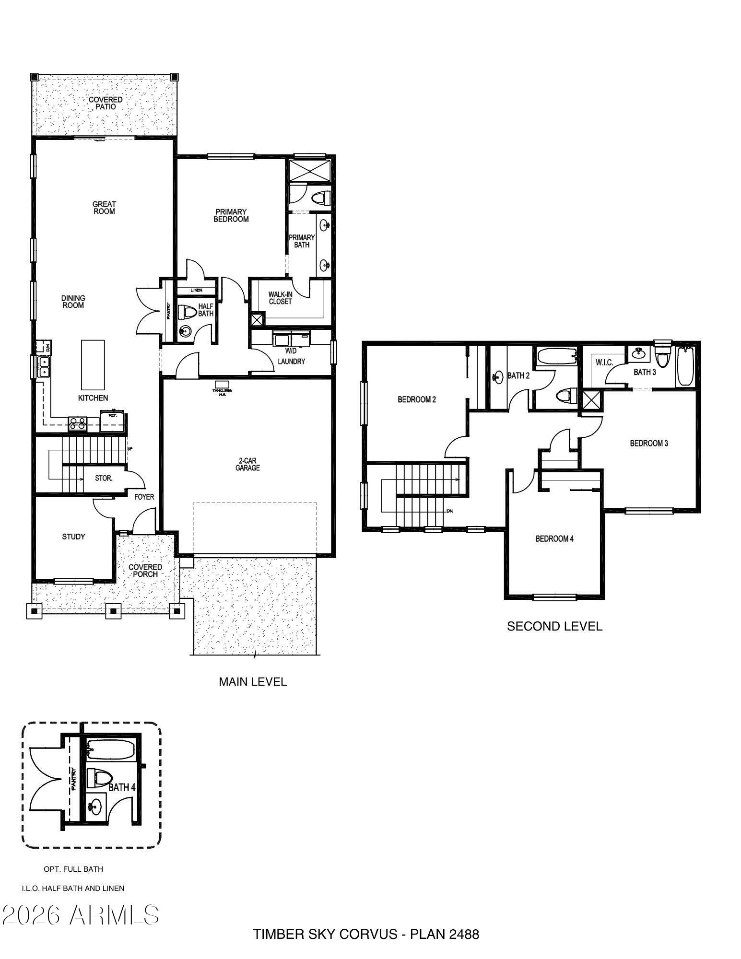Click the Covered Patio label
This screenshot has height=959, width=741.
coord(106,103)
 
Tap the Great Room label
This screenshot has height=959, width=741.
coord(104,208)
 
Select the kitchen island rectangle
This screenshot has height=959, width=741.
coord(93,365)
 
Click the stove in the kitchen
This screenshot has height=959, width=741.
coord(78,423)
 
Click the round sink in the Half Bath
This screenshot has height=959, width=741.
coord(185,331)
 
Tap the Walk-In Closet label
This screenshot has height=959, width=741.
coord(280,298)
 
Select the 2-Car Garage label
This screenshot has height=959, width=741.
coord(247,464)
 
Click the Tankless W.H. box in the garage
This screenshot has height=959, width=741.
coord(222,385)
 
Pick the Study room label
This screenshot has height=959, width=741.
coord(73,537)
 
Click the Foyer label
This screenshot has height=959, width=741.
coord(144,497)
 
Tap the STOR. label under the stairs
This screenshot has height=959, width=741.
coord(104,478)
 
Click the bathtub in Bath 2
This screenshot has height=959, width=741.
coord(556,356)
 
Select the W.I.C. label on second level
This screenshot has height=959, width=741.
coord(604,363)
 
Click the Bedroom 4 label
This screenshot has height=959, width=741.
coord(554,538)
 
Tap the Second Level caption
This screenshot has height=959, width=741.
coord(554,626)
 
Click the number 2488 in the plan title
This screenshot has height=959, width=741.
coord(464,934)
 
